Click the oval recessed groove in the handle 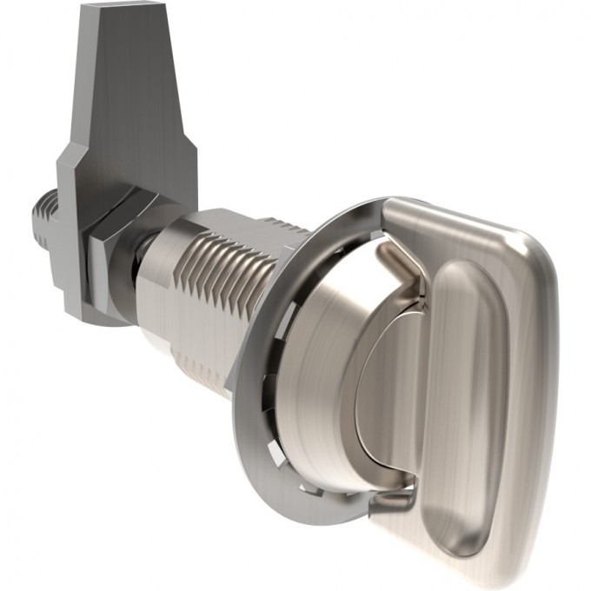pos(469,391)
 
